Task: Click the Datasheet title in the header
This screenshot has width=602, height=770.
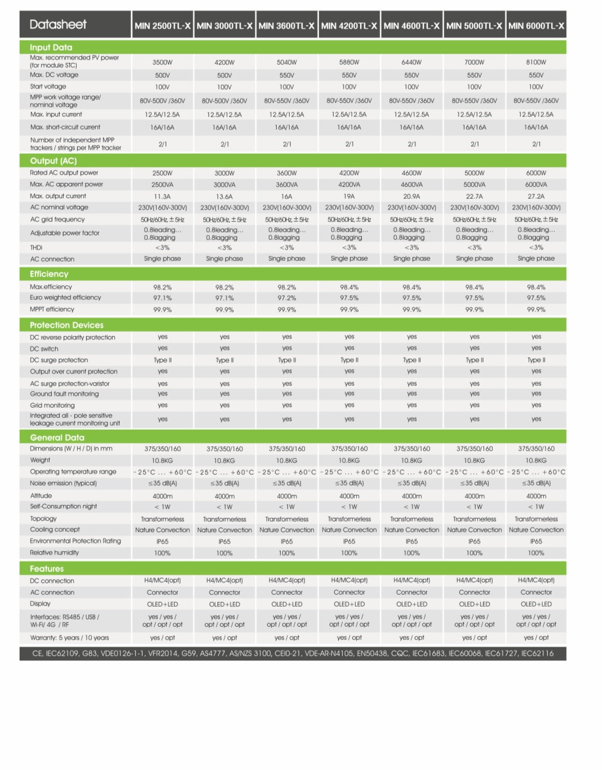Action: [58, 24]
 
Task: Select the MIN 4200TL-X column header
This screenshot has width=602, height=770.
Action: [349, 25]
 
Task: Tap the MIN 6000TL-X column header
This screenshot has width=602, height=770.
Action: [536, 25]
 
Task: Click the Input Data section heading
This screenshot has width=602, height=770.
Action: [51, 47]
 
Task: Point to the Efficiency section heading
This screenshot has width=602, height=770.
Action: [49, 274]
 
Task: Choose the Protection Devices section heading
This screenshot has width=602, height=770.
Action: [67, 325]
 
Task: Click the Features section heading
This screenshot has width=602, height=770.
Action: [47, 569]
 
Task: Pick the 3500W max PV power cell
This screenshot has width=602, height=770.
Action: [162, 63]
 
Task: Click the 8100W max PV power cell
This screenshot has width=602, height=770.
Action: [536, 63]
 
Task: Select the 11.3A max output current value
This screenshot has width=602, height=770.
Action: [162, 197]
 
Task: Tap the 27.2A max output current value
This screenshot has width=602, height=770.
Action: [536, 197]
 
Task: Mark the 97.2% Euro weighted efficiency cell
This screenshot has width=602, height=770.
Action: [287, 298]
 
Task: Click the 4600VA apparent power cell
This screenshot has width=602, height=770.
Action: [411, 185]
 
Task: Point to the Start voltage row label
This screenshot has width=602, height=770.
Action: [48, 87]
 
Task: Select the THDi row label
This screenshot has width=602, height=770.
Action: [36, 248]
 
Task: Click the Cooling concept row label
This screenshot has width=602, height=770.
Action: [55, 529]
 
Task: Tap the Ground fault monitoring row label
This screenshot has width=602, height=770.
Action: [64, 394]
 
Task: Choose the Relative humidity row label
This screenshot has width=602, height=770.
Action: [54, 553]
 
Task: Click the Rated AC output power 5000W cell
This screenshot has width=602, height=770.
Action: [474, 173]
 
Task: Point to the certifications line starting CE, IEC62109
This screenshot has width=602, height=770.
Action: [293, 653]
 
